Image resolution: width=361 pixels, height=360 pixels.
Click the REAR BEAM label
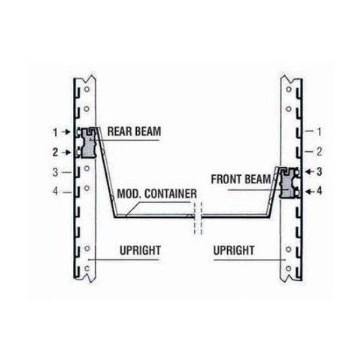[x=134, y=132]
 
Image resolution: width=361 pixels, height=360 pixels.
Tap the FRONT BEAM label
[x=241, y=180]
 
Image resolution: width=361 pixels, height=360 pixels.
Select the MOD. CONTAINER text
[x=157, y=194]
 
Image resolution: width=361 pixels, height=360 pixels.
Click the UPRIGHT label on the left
[x=140, y=250]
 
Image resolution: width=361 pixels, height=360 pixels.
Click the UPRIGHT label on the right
[x=234, y=250]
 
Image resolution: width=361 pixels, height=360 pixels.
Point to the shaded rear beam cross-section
[x=89, y=144]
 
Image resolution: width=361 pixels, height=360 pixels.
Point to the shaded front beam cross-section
[x=289, y=183]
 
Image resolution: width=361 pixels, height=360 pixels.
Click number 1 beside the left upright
[x=56, y=132]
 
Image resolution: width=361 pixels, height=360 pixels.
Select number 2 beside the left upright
[x=56, y=153]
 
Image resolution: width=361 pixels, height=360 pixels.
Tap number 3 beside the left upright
[x=56, y=172]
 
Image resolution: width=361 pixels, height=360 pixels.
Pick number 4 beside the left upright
[x=56, y=192]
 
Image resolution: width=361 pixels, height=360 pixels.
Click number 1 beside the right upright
[x=319, y=132]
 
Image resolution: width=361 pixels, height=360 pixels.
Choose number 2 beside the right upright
[x=319, y=152]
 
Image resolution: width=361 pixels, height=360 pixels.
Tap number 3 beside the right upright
[x=319, y=172]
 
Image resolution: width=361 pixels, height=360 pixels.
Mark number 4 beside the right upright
[x=319, y=192]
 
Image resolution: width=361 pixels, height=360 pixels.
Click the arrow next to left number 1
[x=67, y=132]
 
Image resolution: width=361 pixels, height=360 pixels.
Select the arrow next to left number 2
[x=67, y=152]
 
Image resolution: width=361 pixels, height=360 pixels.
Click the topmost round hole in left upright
[x=86, y=89]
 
